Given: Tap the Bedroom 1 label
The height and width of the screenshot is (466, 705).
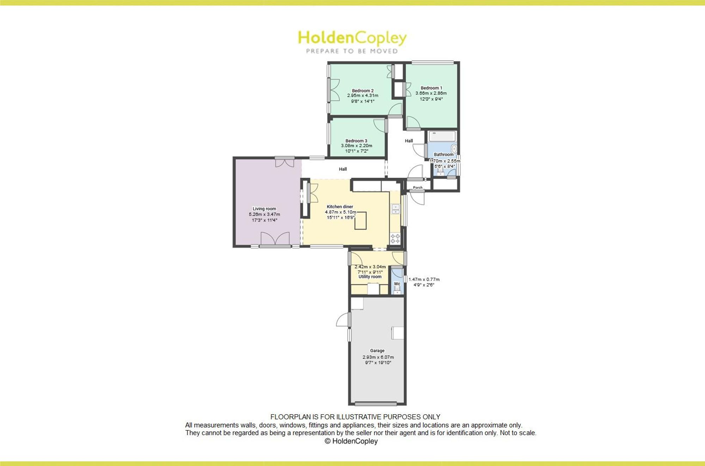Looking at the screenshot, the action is [431, 88].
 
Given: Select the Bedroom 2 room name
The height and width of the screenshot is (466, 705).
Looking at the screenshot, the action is [363, 90].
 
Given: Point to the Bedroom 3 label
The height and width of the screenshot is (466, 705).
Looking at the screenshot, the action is [356, 141].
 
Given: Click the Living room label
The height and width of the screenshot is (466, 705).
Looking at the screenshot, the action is [264, 209].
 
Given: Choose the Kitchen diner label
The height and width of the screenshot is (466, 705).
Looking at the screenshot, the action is [340, 207].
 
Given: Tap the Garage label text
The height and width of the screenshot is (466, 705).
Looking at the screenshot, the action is [377, 351].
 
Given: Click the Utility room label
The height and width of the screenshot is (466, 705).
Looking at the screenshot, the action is [370, 277].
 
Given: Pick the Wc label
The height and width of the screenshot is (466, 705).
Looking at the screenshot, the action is [397, 284].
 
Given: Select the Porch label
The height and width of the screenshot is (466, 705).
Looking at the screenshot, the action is [418, 188].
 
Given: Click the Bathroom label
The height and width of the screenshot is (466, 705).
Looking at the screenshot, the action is [443, 155].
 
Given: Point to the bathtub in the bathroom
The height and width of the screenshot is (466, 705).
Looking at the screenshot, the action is [442, 136].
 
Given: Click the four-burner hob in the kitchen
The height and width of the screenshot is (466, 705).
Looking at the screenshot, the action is [395, 238].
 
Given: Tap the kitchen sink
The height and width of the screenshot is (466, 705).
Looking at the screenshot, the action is [396, 209].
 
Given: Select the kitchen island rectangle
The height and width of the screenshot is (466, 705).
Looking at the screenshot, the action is [361, 221].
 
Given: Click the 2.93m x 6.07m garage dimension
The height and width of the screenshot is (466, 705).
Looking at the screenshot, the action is [378, 357].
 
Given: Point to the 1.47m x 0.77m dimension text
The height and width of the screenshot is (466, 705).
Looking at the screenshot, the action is [424, 279].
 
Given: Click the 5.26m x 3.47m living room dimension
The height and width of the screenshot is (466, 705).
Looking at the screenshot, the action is [264, 214].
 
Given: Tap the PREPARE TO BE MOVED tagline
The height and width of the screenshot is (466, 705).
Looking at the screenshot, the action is [352, 51].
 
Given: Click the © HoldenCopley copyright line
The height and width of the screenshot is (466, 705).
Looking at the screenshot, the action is [351, 441].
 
